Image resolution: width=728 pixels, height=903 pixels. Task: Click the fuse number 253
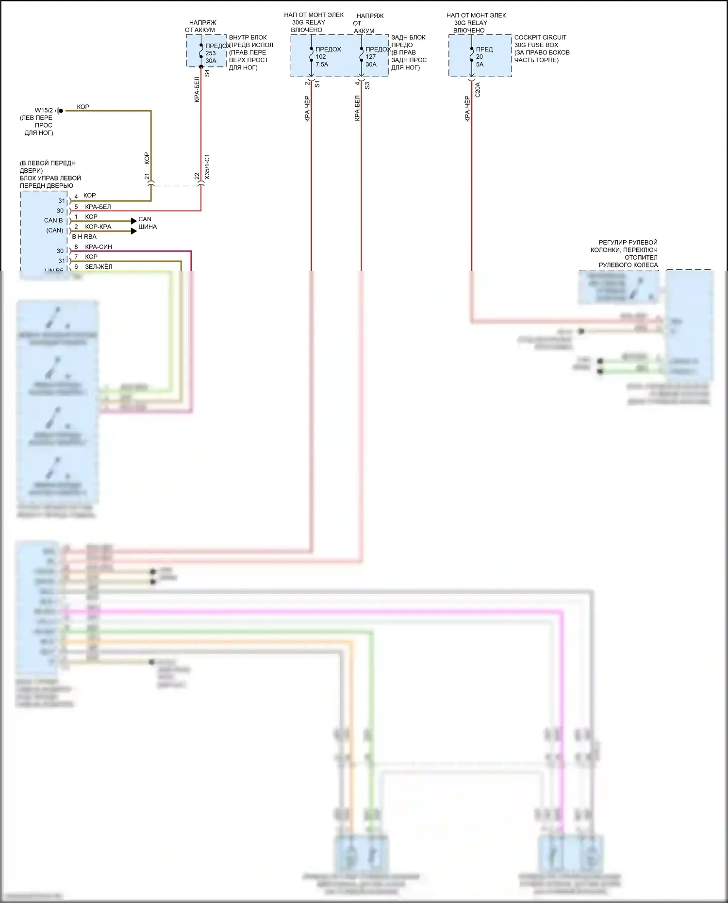click(x=210, y=53)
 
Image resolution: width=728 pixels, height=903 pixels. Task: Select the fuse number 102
click(x=321, y=57)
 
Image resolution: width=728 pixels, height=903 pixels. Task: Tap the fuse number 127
click(x=371, y=57)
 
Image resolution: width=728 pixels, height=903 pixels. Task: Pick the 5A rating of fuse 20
click(x=480, y=65)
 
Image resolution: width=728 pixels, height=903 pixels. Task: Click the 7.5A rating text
click(x=322, y=65)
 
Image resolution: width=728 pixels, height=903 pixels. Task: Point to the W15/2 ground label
click(x=44, y=111)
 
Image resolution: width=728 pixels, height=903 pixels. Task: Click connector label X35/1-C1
click(x=207, y=167)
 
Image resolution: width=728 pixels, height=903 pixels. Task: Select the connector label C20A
click(x=478, y=90)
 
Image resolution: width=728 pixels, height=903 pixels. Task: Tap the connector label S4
click(x=207, y=73)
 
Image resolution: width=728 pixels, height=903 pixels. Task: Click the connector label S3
click(x=367, y=85)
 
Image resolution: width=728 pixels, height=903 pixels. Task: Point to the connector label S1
click(x=317, y=84)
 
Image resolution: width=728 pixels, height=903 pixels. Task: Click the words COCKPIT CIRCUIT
click(x=540, y=37)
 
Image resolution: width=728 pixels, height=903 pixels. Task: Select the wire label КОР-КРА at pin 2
click(x=98, y=227)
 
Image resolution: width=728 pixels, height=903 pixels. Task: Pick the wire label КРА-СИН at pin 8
click(x=99, y=247)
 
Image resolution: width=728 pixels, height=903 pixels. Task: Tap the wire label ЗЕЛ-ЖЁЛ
click(x=99, y=267)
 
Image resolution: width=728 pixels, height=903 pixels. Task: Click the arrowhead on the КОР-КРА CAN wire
click(x=134, y=231)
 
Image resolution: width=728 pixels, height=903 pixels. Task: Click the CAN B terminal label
click(x=53, y=221)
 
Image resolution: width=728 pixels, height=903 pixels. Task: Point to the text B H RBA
click(x=84, y=237)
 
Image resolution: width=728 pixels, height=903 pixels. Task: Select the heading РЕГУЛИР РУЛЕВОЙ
click(x=628, y=242)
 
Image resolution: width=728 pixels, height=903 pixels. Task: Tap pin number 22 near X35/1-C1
click(x=197, y=177)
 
